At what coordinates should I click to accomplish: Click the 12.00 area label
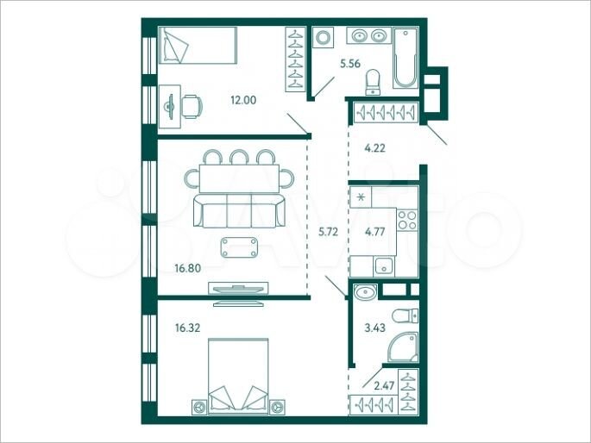click(x=242, y=100)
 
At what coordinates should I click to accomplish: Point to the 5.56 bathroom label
click(x=351, y=64)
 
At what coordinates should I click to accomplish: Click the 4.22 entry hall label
click(x=374, y=148)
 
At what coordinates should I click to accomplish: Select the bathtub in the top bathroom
click(x=406, y=58)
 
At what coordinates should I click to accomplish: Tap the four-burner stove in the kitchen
click(x=407, y=221)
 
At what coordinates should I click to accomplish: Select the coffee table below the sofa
click(x=239, y=248)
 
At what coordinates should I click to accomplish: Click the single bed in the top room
click(x=198, y=44)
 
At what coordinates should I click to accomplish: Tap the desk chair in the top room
click(x=193, y=105)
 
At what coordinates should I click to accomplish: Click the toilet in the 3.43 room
click(x=402, y=315)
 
